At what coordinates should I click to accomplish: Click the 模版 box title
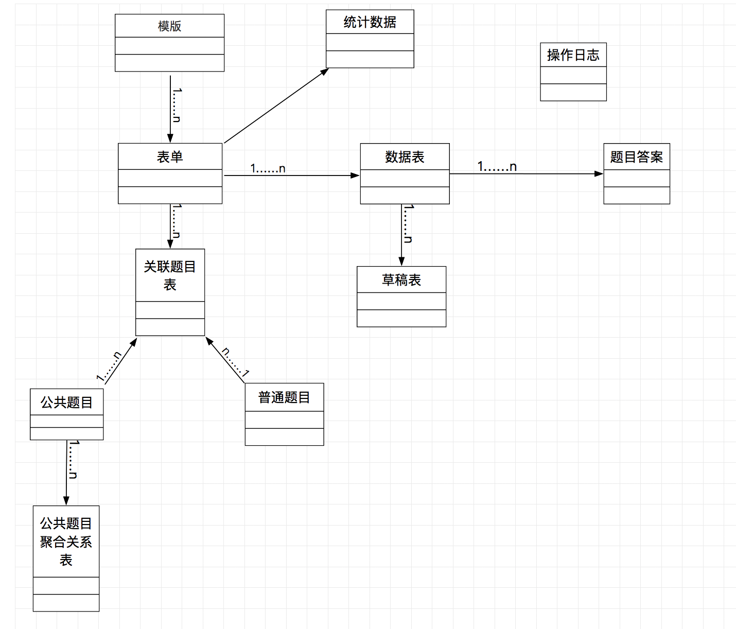click(x=169, y=26)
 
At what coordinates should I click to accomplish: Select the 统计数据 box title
click(x=370, y=22)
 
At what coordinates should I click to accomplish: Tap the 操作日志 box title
click(x=573, y=55)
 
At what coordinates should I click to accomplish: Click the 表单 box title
click(x=170, y=156)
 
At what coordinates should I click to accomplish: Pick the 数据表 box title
click(x=405, y=156)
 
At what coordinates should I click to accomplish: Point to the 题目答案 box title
click(x=636, y=156)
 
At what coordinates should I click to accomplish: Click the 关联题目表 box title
click(x=170, y=275)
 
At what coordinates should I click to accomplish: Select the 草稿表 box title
click(x=401, y=279)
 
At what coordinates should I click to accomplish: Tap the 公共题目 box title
click(x=66, y=402)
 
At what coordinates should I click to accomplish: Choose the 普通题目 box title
click(x=284, y=397)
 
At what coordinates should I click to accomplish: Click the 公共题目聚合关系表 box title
click(x=66, y=541)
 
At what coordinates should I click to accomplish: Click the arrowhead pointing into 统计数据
click(x=325, y=72)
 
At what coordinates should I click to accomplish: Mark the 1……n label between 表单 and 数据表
click(x=268, y=168)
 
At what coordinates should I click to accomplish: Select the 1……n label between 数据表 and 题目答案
click(x=497, y=166)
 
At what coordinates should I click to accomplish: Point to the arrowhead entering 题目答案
click(x=599, y=174)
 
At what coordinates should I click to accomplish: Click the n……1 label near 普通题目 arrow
click(x=235, y=362)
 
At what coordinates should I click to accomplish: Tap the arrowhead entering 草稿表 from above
click(x=401, y=261)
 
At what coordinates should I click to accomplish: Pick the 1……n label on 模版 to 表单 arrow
click(x=177, y=105)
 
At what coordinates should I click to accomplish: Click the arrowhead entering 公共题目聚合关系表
click(x=66, y=501)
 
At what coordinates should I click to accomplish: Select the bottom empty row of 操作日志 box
click(x=573, y=92)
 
